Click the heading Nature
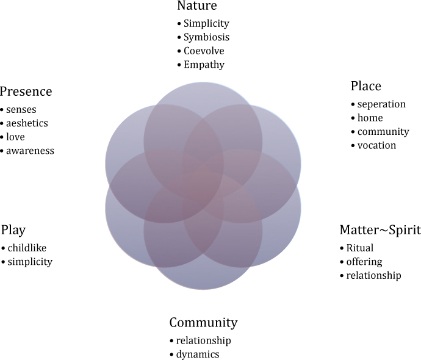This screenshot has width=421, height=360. [197, 5]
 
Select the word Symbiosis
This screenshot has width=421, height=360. [206, 37]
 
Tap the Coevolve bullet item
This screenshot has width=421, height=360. [204, 51]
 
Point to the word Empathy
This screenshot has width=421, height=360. [204, 65]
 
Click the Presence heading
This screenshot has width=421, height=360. [26, 92]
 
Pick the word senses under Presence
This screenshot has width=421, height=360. [21, 110]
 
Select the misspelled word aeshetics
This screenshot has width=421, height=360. [27, 123]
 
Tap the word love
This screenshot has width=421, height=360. [15, 137]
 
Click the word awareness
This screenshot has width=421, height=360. [30, 151]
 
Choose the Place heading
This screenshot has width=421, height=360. [366, 86]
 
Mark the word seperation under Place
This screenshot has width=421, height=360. [381, 104]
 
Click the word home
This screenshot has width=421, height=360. [370, 118]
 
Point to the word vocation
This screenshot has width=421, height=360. [376, 145]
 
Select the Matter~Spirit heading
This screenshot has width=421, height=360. [380, 230]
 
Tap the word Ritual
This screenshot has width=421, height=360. [360, 248]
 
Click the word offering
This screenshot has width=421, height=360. [364, 262]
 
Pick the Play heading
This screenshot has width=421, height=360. [13, 230]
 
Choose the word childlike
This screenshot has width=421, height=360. [27, 248]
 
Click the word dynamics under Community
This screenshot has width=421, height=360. [198, 355]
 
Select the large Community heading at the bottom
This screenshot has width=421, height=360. [203, 323]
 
